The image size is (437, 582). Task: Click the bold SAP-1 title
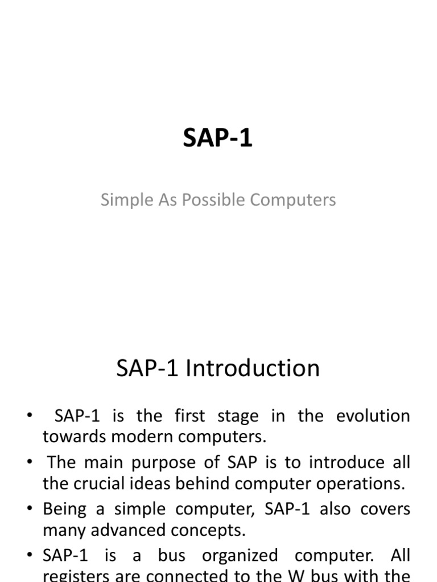[x=218, y=138]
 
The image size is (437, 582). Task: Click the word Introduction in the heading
[x=253, y=368]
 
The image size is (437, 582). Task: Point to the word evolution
[x=373, y=415]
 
